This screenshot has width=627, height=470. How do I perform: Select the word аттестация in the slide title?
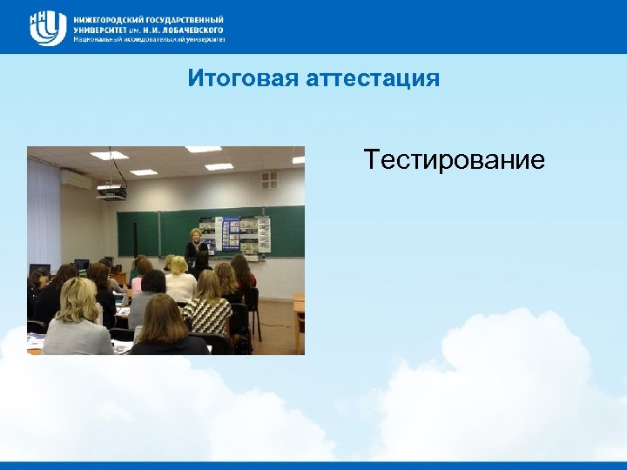coord(373,79)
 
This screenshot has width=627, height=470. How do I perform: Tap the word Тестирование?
coord(454,160)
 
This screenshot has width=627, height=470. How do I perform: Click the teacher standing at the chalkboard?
coord(194,248)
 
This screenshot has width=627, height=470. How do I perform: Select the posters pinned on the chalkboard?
coord(244,233)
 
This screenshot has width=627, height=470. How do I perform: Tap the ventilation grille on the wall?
coord(270,179)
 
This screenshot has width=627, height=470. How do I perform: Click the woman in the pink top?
coord(244,274)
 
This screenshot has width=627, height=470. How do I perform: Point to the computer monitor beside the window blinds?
coord(39,269)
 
